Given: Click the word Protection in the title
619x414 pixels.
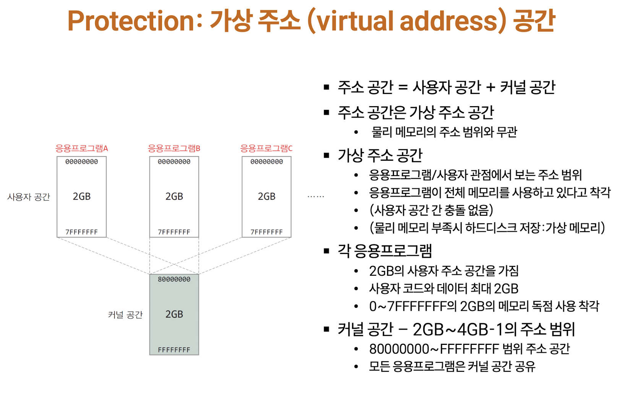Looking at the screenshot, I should (x=131, y=21).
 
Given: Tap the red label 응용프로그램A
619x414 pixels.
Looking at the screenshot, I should (x=82, y=148).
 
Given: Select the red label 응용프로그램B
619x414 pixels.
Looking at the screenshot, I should (x=174, y=148).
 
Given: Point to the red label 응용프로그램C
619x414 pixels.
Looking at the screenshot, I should (x=266, y=148).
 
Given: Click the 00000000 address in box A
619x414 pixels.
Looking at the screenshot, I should (x=82, y=162).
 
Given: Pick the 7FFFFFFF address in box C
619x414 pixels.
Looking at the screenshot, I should (x=267, y=232).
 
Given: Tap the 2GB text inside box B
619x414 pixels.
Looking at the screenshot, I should (x=174, y=196).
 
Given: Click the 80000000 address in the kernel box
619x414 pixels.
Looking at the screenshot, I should (x=174, y=280).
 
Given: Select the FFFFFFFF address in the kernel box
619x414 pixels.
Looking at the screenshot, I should (x=174, y=350).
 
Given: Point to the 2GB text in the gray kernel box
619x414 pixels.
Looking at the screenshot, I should (x=174, y=314).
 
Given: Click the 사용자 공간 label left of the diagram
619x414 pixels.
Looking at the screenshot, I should (x=29, y=197).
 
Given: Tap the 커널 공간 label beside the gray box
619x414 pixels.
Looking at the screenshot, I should (x=125, y=315).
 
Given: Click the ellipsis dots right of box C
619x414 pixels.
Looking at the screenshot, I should (x=316, y=197).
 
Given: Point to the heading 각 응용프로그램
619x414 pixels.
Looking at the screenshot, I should (x=385, y=251).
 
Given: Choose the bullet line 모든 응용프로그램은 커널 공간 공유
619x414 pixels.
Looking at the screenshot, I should (x=452, y=366).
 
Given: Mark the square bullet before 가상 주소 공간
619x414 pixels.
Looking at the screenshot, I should (x=326, y=155).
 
